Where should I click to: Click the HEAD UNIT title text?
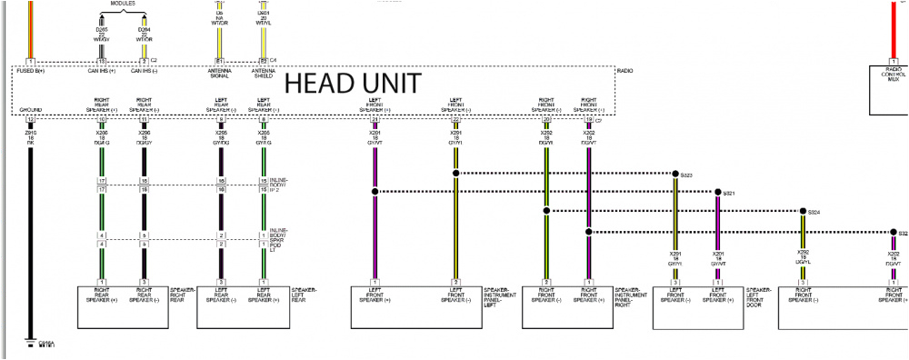(354, 84)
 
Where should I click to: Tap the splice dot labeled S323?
(675, 174)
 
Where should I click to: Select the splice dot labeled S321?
(718, 193)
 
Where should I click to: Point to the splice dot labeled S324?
(802, 212)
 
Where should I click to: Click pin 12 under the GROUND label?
(30, 120)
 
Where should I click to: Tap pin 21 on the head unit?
(375, 120)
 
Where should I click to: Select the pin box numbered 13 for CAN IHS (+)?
(102, 61)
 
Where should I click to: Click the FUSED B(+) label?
(30, 70)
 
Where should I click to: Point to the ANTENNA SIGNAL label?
(220, 73)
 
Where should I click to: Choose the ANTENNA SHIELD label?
(264, 73)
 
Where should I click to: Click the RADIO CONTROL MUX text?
(893, 75)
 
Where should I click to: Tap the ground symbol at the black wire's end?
(30, 340)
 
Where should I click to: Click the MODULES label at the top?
(123, 4)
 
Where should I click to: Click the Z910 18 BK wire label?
(30, 136)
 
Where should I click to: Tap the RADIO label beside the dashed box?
(625, 70)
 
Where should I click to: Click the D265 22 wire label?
(102, 35)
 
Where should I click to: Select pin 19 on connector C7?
(589, 120)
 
